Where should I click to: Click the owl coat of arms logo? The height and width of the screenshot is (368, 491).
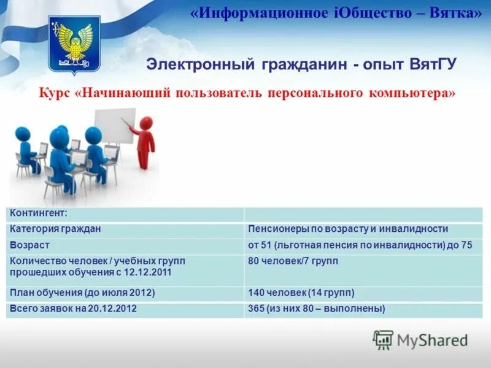tap(74, 43)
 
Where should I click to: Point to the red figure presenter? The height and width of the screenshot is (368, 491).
tap(145, 142)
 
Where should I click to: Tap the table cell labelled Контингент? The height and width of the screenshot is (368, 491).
tap(38, 213)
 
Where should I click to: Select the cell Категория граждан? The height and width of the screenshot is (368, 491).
tap(55, 229)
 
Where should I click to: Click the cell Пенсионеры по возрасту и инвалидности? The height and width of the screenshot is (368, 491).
tap(347, 229)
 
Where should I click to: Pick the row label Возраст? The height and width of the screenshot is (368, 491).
tap(29, 245)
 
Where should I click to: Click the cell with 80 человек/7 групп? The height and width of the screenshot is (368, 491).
tap(293, 261)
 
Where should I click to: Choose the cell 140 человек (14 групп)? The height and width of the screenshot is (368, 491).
tap(301, 293)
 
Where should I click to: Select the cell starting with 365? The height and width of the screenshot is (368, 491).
tap(316, 309)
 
